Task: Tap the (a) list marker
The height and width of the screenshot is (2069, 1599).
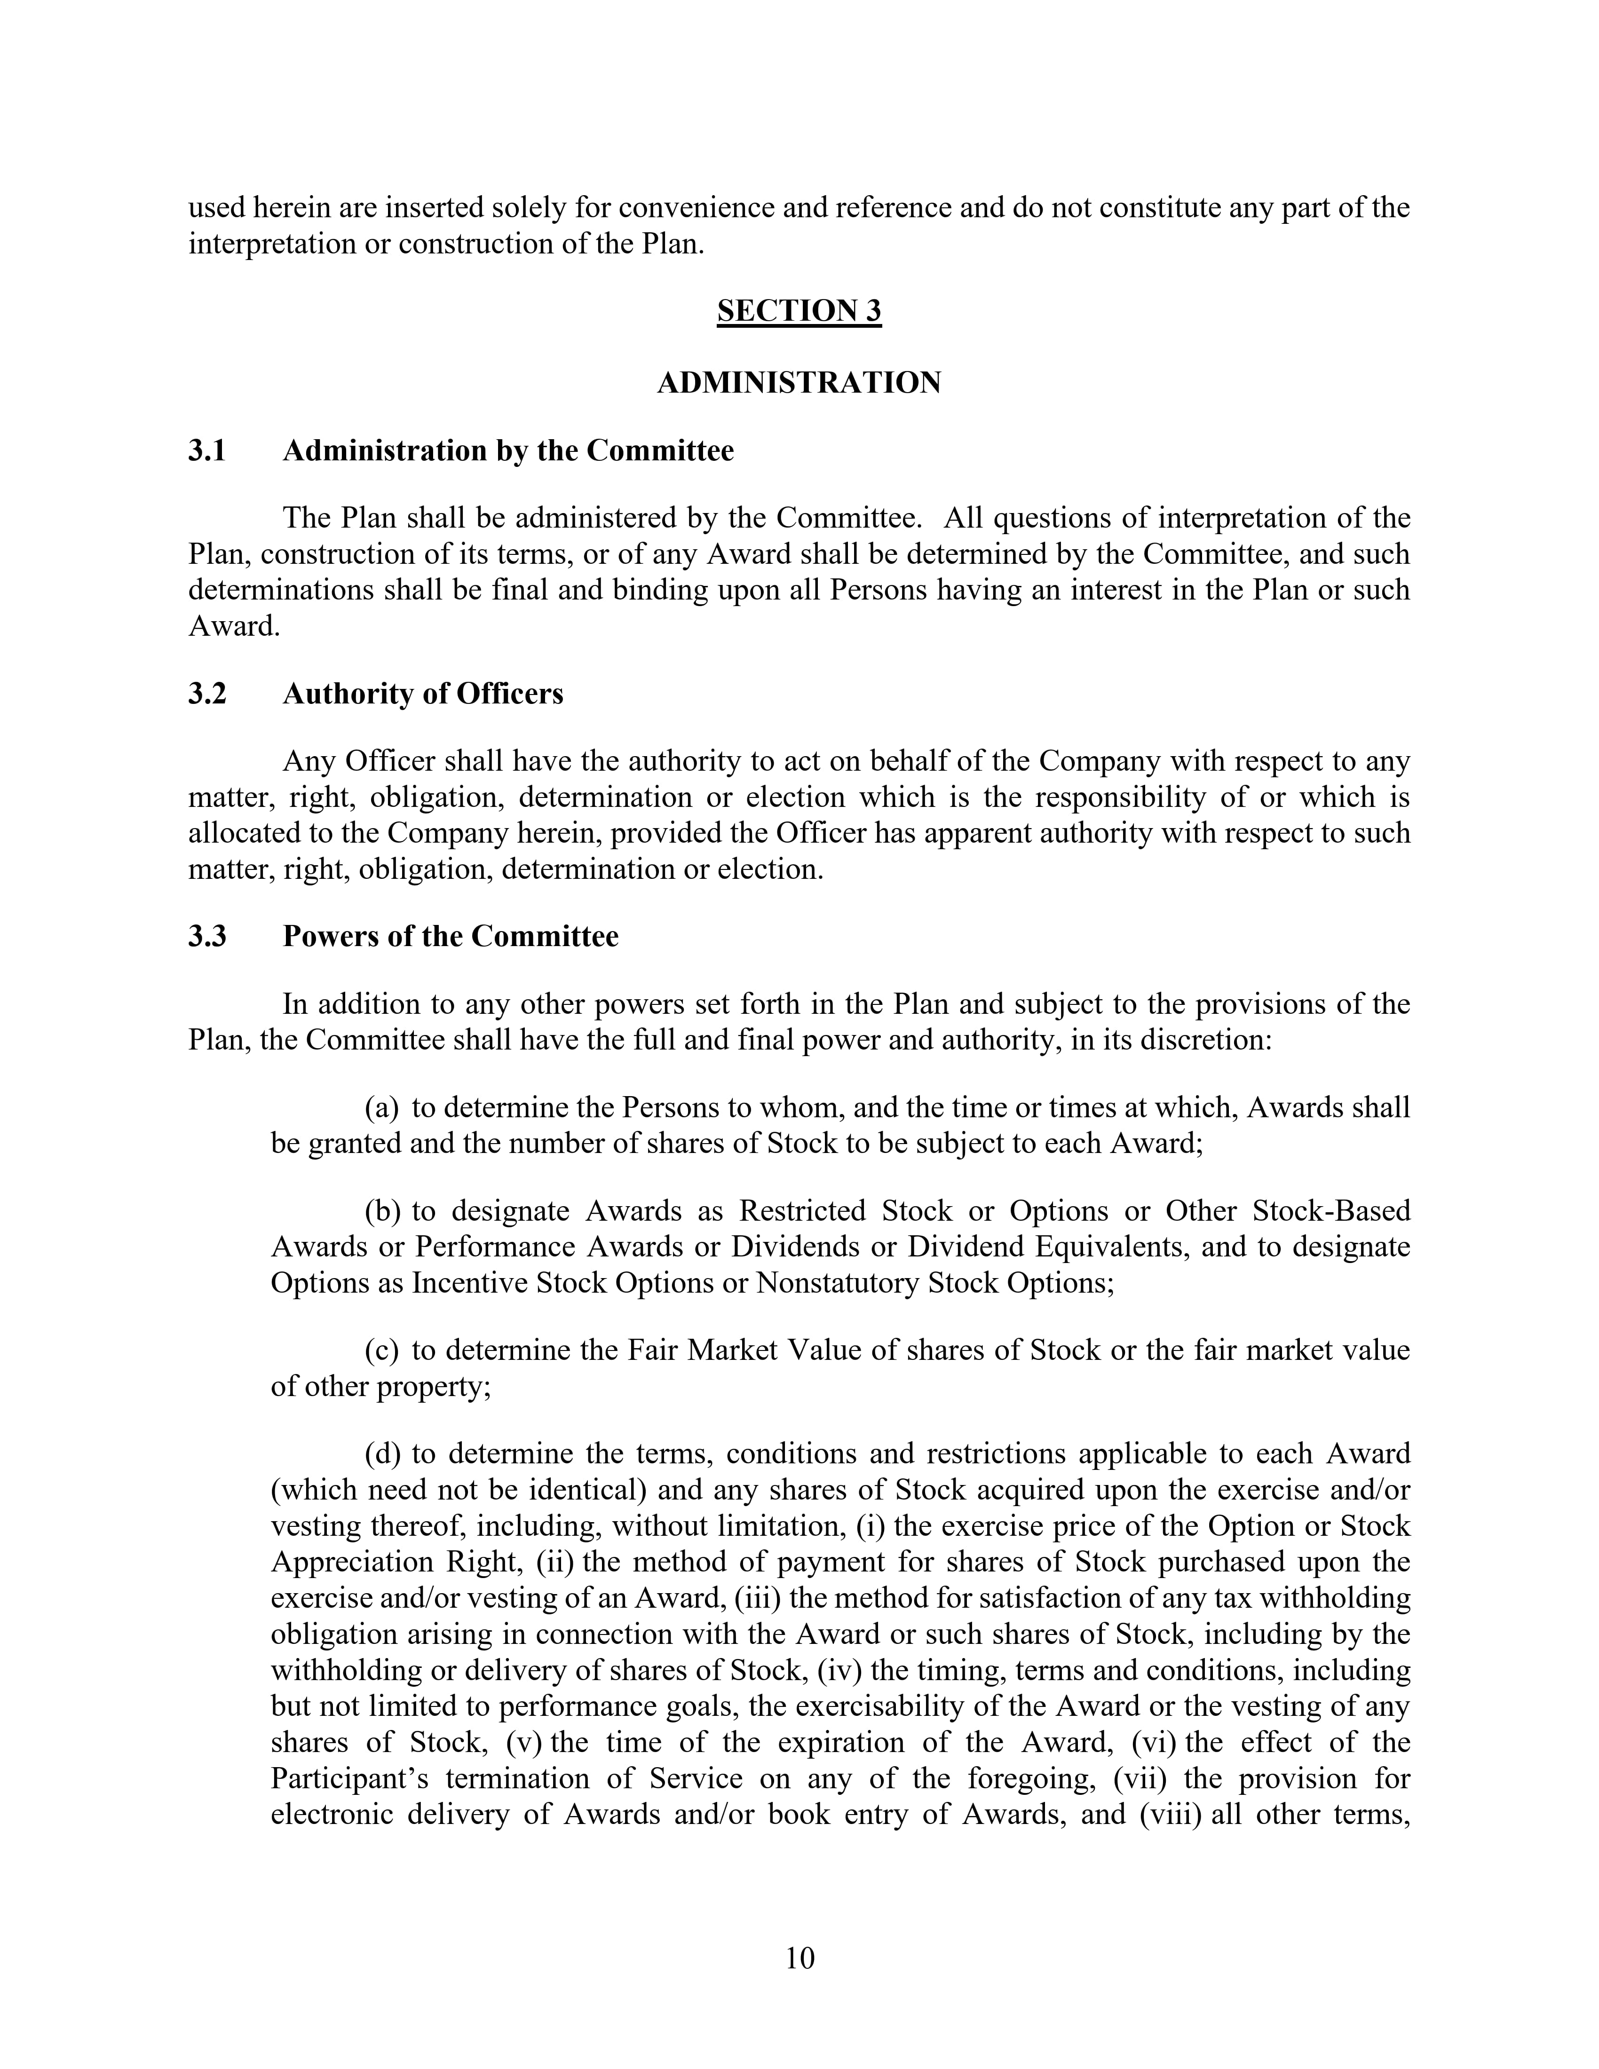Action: click(382, 1107)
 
